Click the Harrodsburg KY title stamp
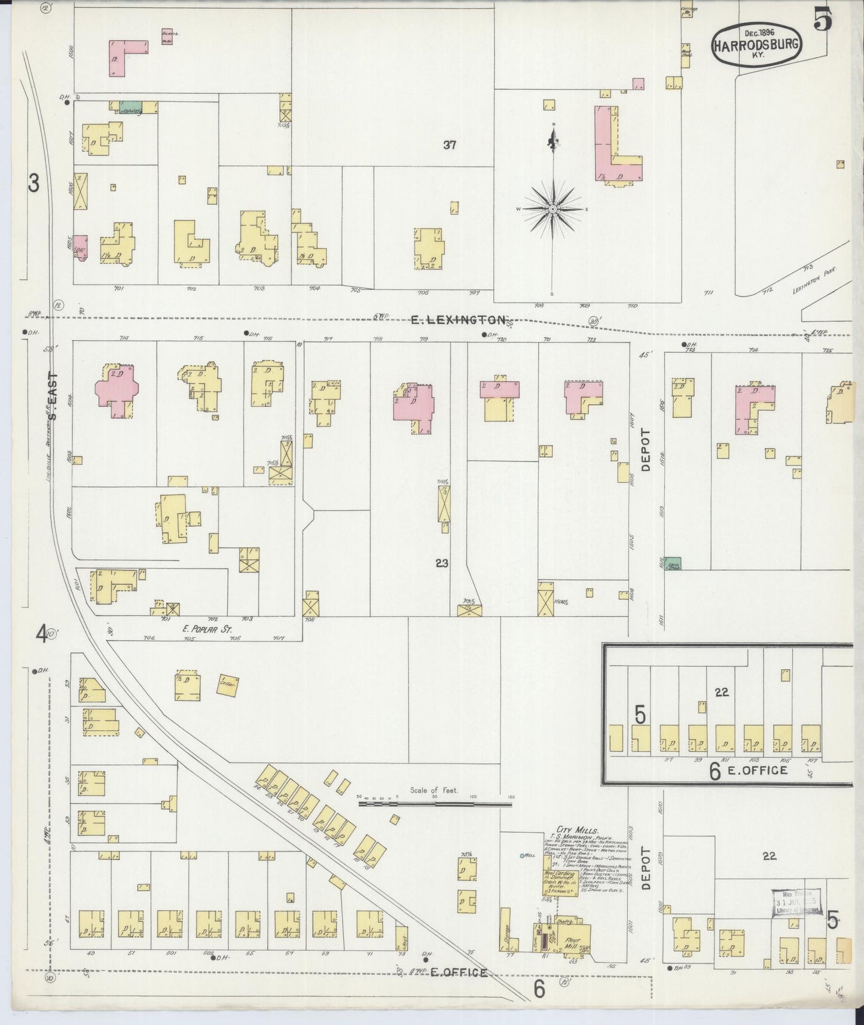point(756,44)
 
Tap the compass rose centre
point(553,209)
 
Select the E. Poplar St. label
point(207,629)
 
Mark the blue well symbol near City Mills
point(522,856)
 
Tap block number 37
point(450,144)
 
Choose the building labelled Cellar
point(227,685)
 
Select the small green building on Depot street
point(673,563)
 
